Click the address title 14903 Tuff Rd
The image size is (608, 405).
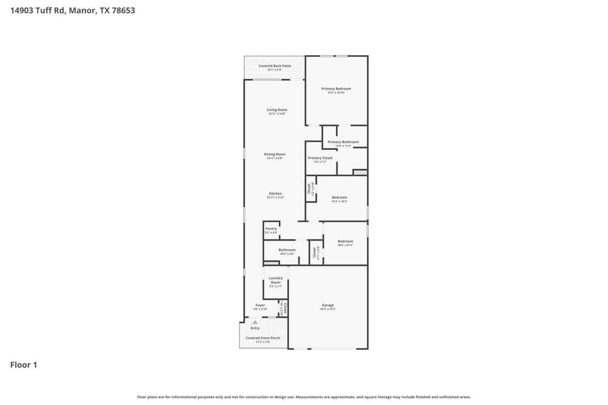(x=72, y=11)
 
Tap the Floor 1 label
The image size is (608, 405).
(x=24, y=365)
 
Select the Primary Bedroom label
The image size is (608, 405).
(x=336, y=89)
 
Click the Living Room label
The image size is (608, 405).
(x=277, y=110)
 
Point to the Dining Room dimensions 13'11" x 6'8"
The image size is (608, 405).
(x=274, y=158)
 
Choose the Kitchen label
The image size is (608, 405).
(x=275, y=194)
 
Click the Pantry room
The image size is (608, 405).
(x=271, y=230)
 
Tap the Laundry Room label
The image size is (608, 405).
(x=276, y=280)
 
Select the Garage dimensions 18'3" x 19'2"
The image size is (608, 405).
(x=328, y=309)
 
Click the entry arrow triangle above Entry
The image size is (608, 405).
(x=255, y=322)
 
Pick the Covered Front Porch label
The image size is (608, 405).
(x=263, y=338)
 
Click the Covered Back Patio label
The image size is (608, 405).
(x=274, y=66)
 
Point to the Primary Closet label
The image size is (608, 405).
(x=320, y=158)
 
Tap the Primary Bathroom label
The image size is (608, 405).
(x=343, y=142)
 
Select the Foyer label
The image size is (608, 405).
(x=260, y=305)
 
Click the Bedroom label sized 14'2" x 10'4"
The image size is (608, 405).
(x=339, y=197)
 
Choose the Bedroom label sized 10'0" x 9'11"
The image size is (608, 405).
(x=345, y=241)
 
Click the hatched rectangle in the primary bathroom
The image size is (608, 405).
(x=360, y=173)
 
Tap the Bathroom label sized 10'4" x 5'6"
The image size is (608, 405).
(x=287, y=250)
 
